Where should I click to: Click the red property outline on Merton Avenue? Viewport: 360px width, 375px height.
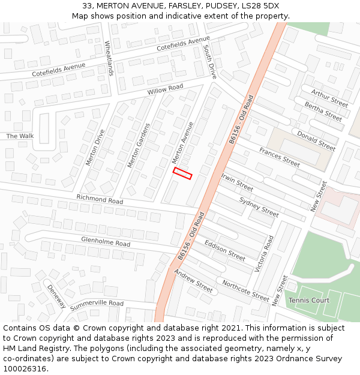(182, 173)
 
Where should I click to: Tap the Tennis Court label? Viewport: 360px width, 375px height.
(309, 300)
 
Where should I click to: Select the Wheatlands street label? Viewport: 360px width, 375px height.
(109, 58)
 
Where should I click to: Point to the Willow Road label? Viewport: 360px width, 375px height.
(165, 89)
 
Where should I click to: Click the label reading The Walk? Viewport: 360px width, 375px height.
(20, 136)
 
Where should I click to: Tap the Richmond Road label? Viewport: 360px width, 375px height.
(100, 199)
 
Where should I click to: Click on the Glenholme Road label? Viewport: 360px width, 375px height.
(106, 242)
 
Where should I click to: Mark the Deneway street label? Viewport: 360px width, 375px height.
(56, 296)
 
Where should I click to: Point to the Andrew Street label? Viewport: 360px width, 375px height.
(193, 281)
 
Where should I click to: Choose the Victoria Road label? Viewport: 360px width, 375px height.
(263, 254)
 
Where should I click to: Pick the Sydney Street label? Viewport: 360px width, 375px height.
(259, 207)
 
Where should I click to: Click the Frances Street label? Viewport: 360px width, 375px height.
(279, 158)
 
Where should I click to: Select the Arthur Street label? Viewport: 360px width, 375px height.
(329, 98)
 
